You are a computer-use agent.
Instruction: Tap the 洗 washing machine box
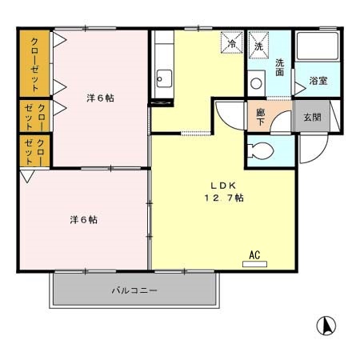coord(258,45)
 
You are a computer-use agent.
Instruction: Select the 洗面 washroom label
coord(280,67)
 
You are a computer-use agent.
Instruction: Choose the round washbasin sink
coord(257,82)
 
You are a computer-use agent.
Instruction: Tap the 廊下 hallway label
coord(261,116)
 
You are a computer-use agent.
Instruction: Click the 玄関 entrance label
coord(311,116)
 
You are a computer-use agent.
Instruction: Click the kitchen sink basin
coord(163,78)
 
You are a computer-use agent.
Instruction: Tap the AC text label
coord(254,255)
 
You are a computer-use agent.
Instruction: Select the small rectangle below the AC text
coord(254,263)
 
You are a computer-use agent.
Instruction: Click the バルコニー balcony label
coord(134,290)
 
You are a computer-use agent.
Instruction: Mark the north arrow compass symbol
coord(326,326)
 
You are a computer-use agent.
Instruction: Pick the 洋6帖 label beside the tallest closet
coord(100,98)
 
